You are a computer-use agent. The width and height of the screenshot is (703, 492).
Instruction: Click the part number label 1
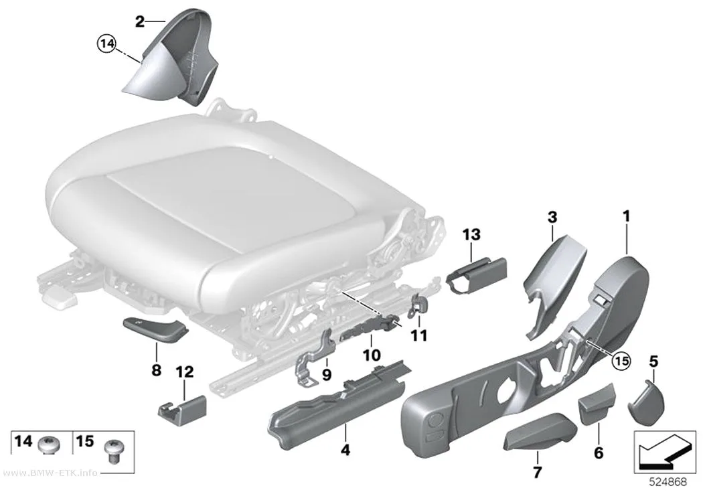coord(626,216)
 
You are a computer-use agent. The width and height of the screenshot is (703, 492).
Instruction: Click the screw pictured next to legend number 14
coord(48,445)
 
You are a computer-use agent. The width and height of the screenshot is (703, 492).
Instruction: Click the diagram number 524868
coord(668,482)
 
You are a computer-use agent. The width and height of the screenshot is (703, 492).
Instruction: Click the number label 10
coord(372,355)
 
